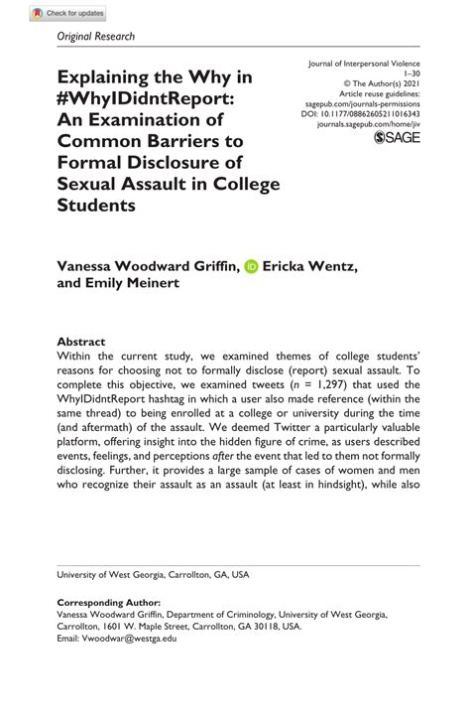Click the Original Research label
[95, 37]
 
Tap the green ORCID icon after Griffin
[251, 265]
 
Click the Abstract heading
[81, 339]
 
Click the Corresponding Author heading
[109, 603]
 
